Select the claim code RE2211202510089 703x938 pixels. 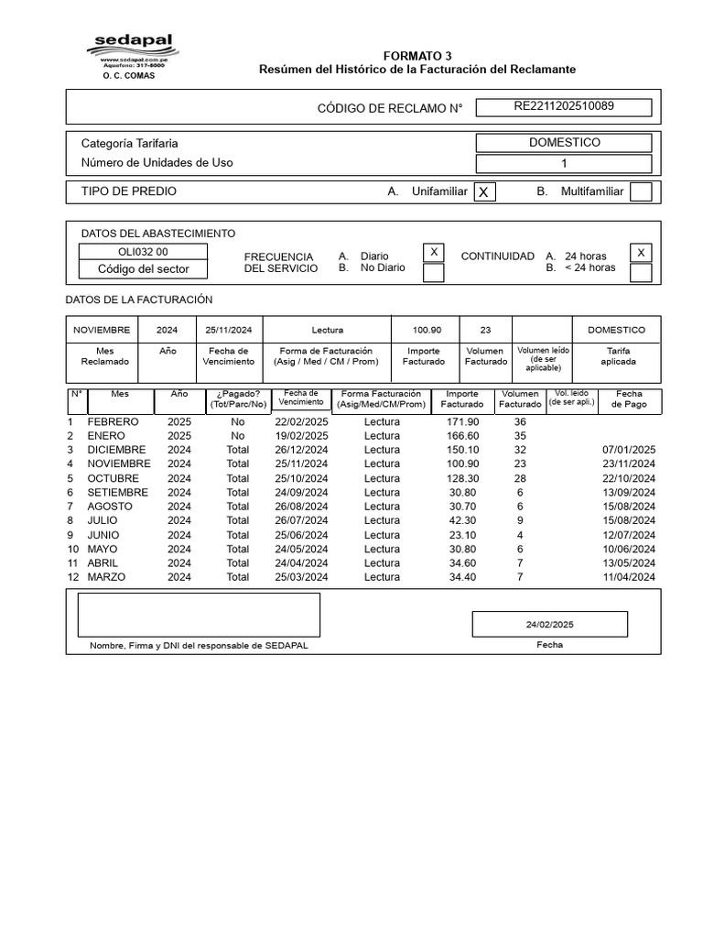point(564,106)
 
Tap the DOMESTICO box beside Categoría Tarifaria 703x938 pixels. point(564,143)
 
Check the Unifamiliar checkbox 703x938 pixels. point(484,191)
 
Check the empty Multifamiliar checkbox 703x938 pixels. point(641,191)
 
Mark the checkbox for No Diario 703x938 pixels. point(434,272)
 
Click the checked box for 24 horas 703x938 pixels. point(641,253)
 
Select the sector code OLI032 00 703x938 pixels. point(143,252)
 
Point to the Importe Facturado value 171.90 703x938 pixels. point(462,421)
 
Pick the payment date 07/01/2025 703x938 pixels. point(629,450)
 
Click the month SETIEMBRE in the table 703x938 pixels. point(117,492)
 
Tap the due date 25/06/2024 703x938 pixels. point(301,535)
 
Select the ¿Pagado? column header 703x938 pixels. point(238,398)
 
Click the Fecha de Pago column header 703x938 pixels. point(629,398)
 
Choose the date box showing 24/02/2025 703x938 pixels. point(549,624)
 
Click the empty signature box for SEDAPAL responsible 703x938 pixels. point(199,614)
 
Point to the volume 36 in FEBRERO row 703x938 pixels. point(520,421)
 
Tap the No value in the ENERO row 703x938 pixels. point(238,436)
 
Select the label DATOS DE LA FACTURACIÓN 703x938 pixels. point(139,300)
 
